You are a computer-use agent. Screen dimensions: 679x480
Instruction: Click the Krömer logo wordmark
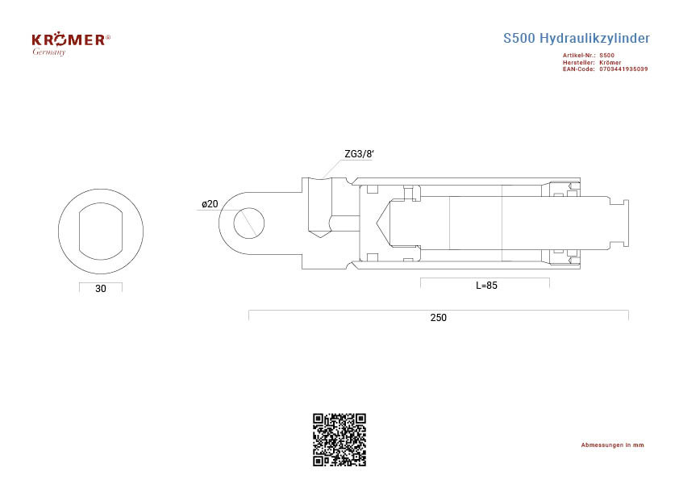point(69,40)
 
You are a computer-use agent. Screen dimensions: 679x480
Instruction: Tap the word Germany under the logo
point(49,52)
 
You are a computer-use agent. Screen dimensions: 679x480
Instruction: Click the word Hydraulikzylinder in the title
point(594,39)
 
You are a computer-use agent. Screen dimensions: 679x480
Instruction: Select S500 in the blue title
point(519,38)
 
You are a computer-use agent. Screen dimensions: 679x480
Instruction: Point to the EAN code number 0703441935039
point(623,69)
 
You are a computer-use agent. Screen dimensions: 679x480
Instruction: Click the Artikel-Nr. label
point(579,56)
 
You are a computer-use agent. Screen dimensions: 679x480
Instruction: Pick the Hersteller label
point(578,62)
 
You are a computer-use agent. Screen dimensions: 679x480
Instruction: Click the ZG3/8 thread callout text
point(359,154)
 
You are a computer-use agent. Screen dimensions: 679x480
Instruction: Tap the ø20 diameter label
point(210,204)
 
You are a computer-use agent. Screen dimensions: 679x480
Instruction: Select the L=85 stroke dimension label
point(487,286)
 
